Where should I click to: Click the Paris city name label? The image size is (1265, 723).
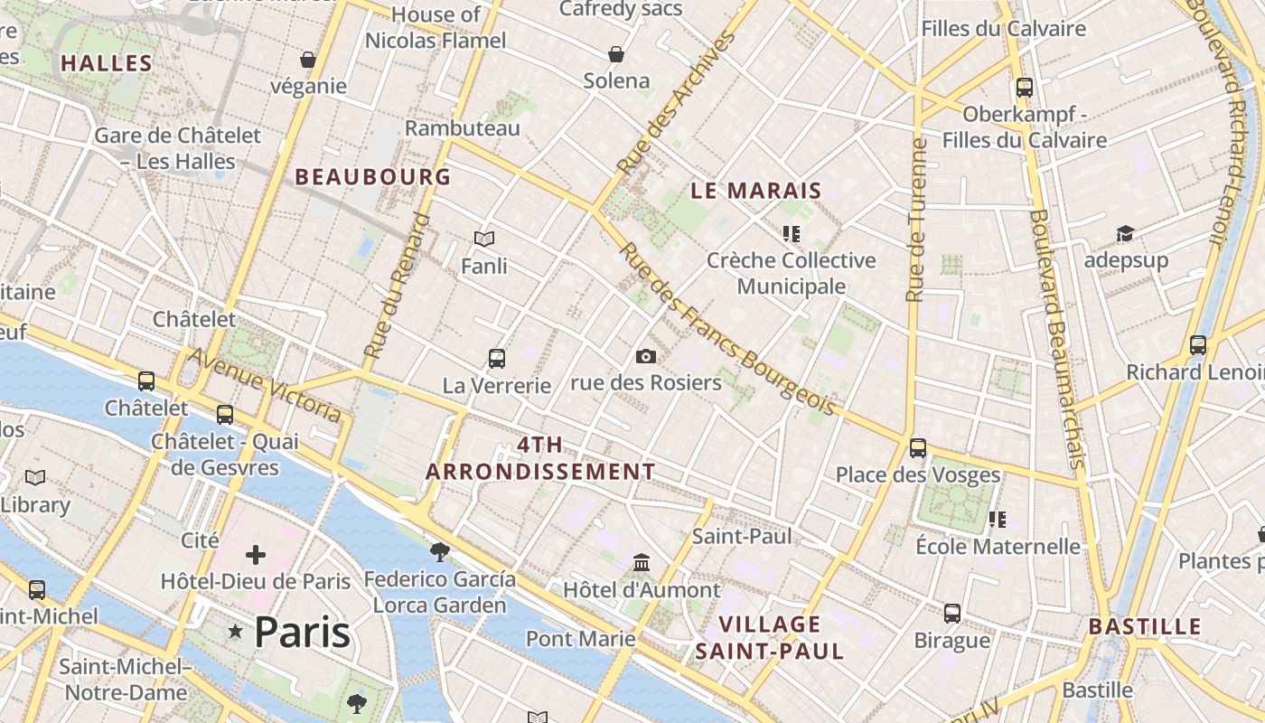pyautogui.click(x=302, y=632)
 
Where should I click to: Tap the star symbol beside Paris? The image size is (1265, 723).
pyautogui.click(x=236, y=632)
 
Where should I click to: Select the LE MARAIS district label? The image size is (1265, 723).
pyautogui.click(x=755, y=191)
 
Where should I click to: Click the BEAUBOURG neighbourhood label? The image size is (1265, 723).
pyautogui.click(x=372, y=177)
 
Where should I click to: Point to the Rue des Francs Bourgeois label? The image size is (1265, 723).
pyautogui.click(x=726, y=330)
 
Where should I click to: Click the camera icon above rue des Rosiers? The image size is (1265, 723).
pyautogui.click(x=645, y=357)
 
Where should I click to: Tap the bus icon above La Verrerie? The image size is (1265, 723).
pyautogui.click(x=496, y=359)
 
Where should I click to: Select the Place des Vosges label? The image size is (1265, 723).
pyautogui.click(x=917, y=474)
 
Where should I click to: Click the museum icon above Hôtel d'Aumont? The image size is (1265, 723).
pyautogui.click(x=642, y=563)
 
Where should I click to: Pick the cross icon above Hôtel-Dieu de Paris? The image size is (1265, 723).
pyautogui.click(x=256, y=554)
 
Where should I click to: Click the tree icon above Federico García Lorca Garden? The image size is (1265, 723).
pyautogui.click(x=440, y=551)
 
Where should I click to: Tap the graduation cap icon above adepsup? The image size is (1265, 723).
pyautogui.click(x=1125, y=234)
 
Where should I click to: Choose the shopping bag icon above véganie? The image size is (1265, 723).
pyautogui.click(x=308, y=60)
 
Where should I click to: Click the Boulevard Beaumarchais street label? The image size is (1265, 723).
pyautogui.click(x=1055, y=339)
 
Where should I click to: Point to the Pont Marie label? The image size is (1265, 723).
pyautogui.click(x=580, y=639)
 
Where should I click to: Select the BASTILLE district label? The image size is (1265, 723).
pyautogui.click(x=1144, y=626)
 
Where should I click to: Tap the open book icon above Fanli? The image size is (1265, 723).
pyautogui.click(x=484, y=239)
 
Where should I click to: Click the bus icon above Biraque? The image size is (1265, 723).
pyautogui.click(x=952, y=614)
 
